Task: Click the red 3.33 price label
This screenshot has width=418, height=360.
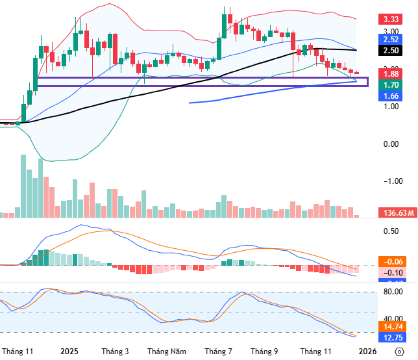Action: [391, 20]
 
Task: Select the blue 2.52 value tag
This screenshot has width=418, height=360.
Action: [391, 40]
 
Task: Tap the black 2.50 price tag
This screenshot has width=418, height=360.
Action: [391, 50]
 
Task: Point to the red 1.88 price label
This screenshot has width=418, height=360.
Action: [391, 73]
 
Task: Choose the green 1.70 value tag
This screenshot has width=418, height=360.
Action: [391, 85]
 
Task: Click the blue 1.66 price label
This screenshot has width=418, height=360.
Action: [391, 96]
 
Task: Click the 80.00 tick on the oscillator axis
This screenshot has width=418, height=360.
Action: [391, 292]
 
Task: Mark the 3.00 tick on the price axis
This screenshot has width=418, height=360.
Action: [390, 31]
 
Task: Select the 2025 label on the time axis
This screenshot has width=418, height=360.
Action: [69, 352]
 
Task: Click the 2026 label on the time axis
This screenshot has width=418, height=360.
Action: [367, 352]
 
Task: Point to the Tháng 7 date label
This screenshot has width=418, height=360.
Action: [218, 352]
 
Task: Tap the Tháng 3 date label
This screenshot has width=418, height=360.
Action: [115, 352]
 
